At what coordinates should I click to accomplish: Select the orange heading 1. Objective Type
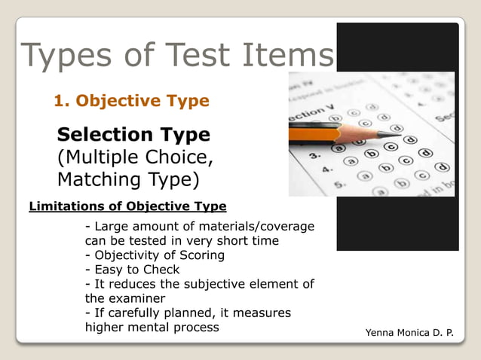click(130, 100)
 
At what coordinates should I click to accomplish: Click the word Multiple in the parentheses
click(100, 157)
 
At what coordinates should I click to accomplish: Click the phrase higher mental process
click(152, 327)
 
